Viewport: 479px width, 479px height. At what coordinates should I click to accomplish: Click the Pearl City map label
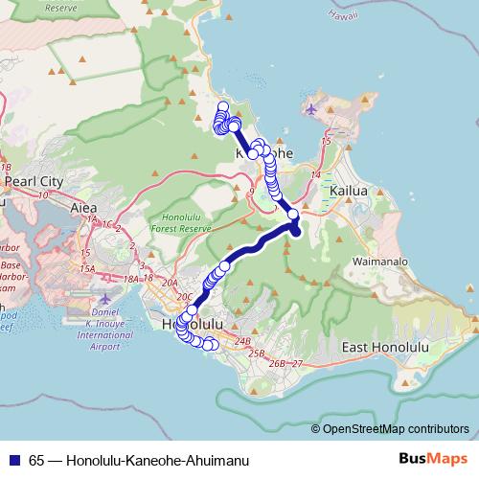pos(34,180)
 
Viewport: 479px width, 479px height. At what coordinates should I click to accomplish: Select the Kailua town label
pos(348,192)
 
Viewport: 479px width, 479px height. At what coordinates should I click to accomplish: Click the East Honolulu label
pos(383,346)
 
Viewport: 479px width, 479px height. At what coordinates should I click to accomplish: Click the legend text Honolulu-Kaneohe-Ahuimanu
pos(157,461)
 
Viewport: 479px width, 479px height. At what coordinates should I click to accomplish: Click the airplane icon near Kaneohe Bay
pos(311,107)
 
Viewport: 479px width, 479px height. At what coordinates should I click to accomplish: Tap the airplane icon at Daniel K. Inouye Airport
pos(104,300)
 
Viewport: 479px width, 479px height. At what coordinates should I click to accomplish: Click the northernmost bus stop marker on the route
pos(223,107)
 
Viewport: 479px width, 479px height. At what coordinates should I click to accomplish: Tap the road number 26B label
pos(278,364)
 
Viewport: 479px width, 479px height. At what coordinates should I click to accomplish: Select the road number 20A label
pos(171,284)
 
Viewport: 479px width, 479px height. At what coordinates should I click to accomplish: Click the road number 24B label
pos(241,341)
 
